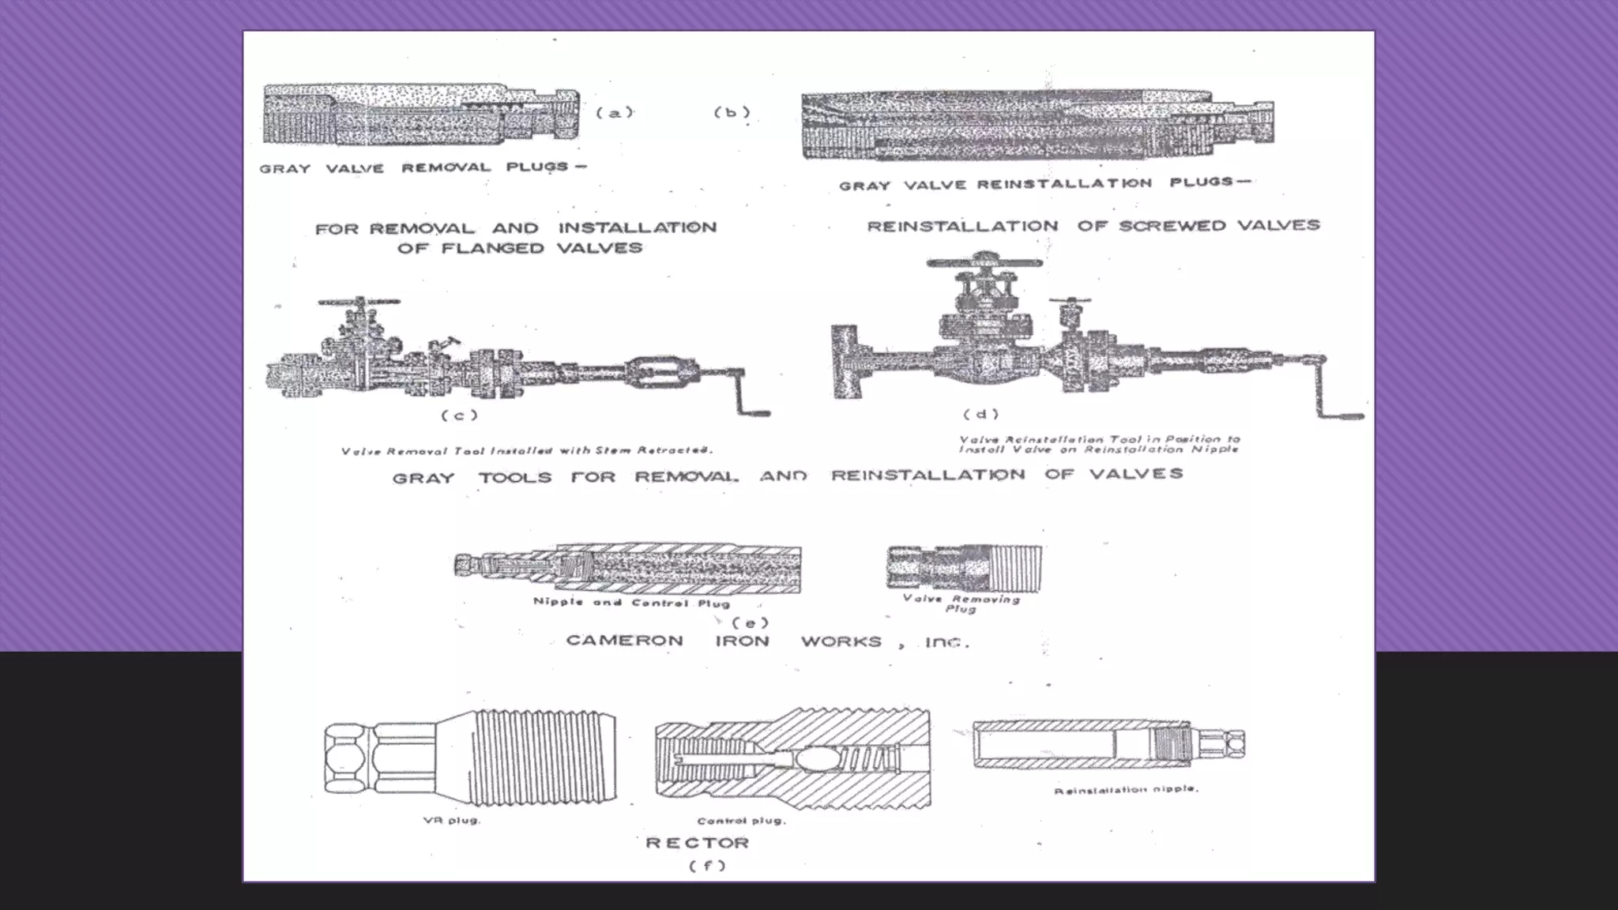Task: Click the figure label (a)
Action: (x=614, y=112)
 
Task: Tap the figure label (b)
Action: (x=732, y=112)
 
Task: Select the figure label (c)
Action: (x=459, y=415)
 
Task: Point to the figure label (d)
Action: (x=980, y=414)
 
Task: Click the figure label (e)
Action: (x=750, y=622)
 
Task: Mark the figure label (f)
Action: (x=706, y=865)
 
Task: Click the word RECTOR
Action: (x=697, y=843)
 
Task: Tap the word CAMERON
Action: (x=624, y=641)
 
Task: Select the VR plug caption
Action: (x=451, y=820)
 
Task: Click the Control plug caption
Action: (x=741, y=821)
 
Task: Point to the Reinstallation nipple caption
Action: (x=1126, y=789)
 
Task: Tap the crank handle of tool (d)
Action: (x=1335, y=395)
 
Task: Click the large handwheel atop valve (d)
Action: (x=984, y=262)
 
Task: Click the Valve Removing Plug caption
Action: (x=961, y=604)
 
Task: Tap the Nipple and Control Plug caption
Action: (x=630, y=603)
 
